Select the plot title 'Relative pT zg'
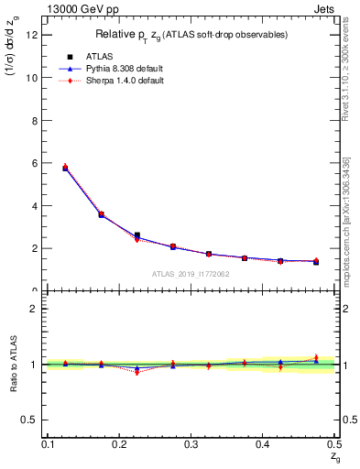[x=191, y=35]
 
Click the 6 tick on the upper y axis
[x=38, y=163]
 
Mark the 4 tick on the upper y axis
[x=38, y=206]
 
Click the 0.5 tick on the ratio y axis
[x=32, y=420]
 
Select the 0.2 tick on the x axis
[x=141, y=444]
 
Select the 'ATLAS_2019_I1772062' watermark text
[x=191, y=274]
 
